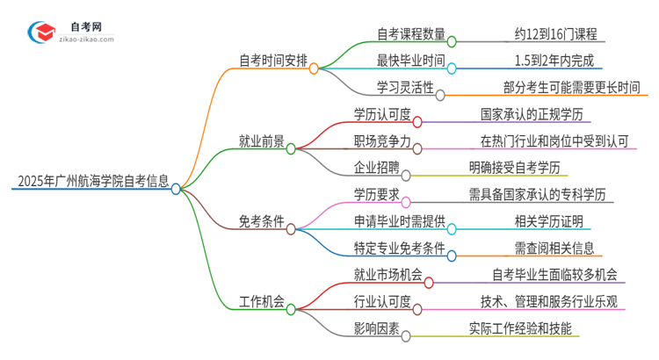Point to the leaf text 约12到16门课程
[556, 35]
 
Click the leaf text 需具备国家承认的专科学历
[547, 194]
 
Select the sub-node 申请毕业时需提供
[399, 221]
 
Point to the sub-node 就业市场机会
[387, 275]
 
